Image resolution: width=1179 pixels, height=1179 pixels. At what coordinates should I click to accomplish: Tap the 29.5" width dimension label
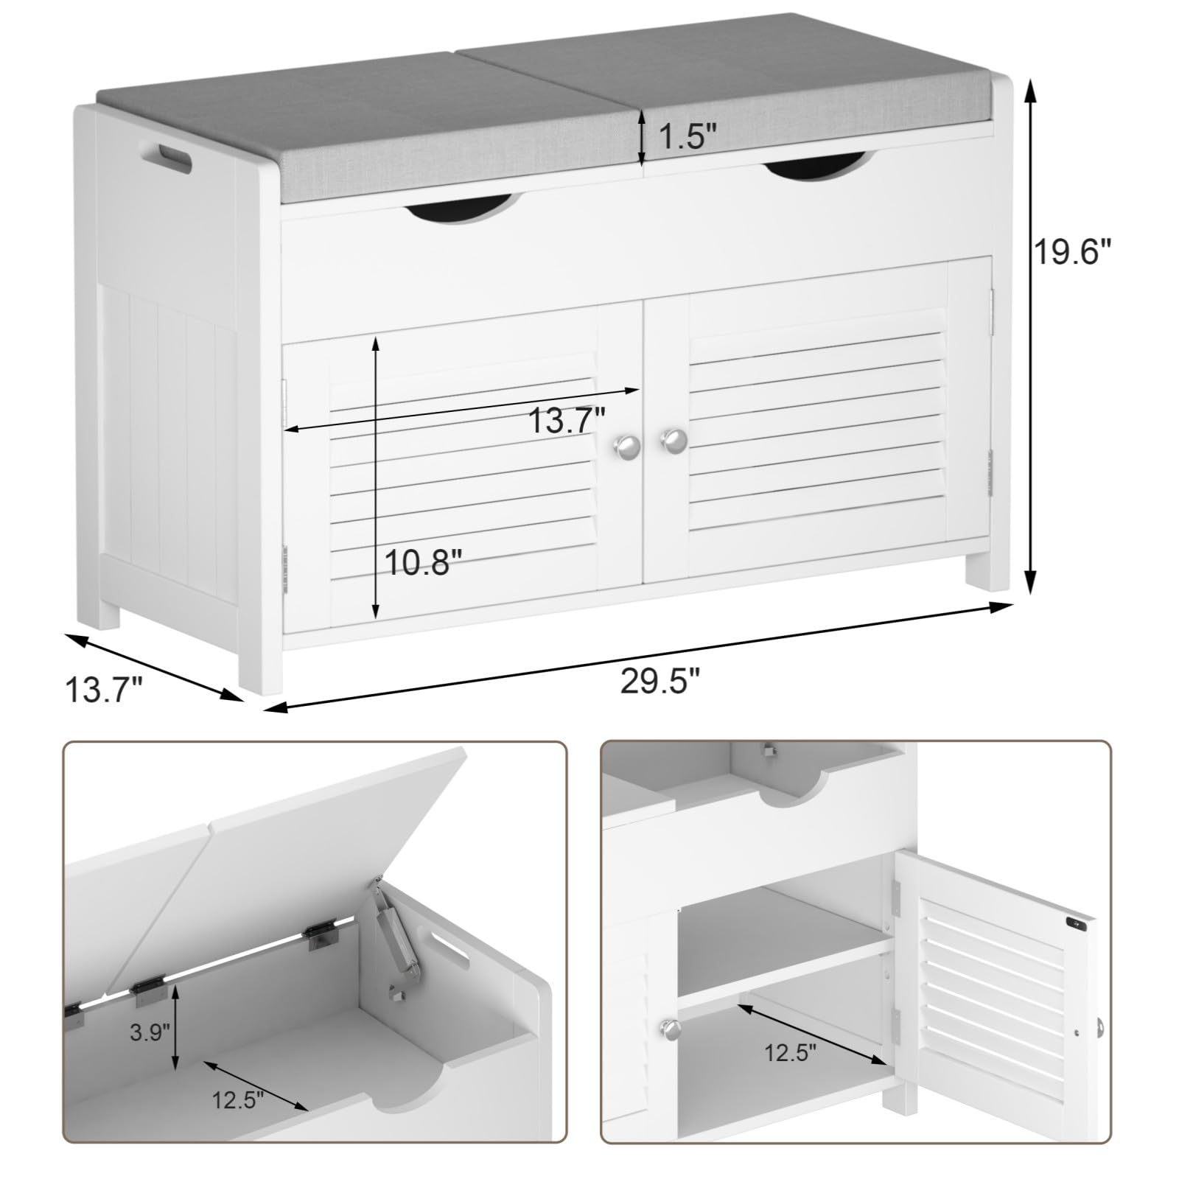[660, 681]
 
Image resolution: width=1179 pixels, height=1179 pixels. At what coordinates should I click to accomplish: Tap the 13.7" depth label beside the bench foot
[103, 691]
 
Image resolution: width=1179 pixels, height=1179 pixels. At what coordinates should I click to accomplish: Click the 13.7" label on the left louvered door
[567, 421]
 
